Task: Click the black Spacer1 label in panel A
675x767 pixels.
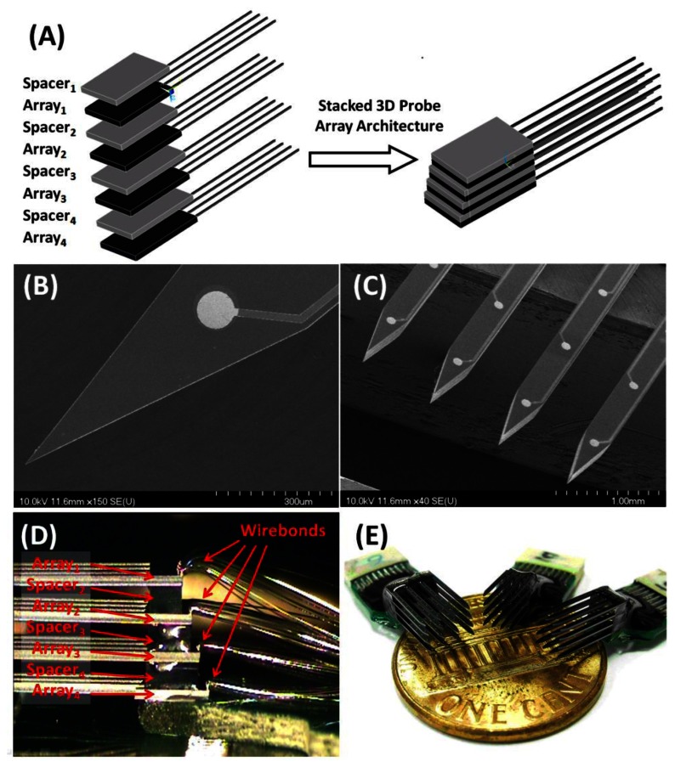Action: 52,87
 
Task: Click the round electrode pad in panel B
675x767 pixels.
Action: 214,310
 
